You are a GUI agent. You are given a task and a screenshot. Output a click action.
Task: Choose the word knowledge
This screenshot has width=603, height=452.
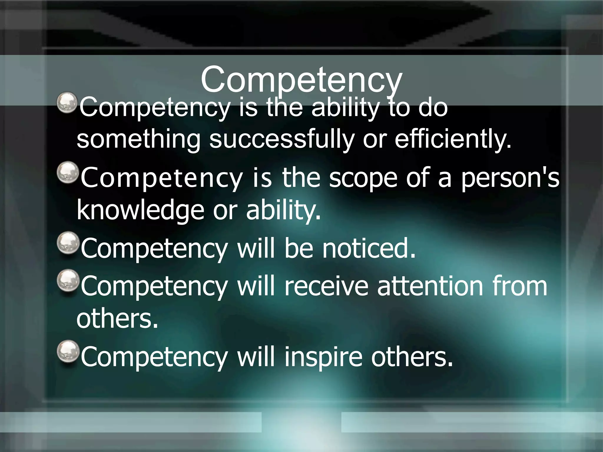pos(140,210)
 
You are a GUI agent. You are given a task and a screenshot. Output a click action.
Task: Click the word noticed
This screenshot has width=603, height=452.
pos(369,249)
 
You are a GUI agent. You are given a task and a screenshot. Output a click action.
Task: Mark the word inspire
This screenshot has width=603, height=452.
pos(323,357)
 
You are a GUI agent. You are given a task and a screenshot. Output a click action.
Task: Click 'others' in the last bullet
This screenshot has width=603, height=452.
pos(412,357)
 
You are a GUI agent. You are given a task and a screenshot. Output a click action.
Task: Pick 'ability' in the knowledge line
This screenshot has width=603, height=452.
pos(283,210)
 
